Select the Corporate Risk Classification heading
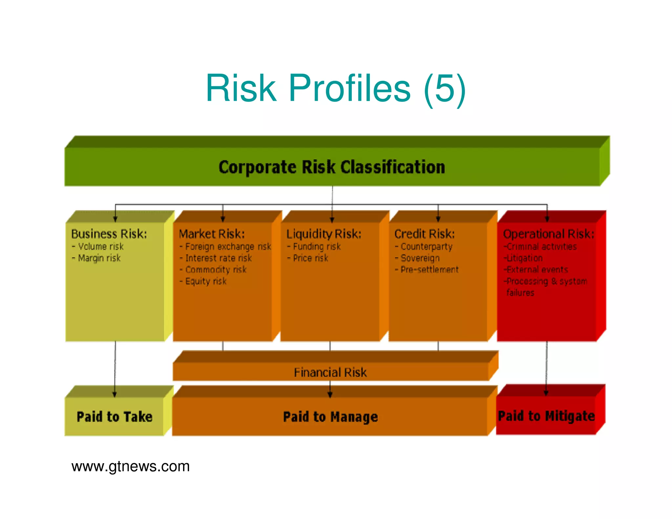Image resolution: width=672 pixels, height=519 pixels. click(x=332, y=167)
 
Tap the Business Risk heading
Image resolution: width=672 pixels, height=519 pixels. click(x=109, y=234)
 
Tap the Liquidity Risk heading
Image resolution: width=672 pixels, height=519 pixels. click(x=324, y=234)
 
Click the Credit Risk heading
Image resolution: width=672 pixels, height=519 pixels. click(x=425, y=234)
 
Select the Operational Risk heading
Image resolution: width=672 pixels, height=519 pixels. click(x=548, y=234)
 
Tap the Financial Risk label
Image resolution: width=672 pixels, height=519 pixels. click(x=330, y=372)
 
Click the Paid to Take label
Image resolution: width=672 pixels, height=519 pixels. click(x=115, y=417)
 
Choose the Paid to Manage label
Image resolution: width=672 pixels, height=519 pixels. click(x=330, y=417)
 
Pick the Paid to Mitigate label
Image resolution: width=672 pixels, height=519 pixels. click(x=546, y=416)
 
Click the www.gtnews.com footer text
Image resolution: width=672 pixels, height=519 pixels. click(x=131, y=466)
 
